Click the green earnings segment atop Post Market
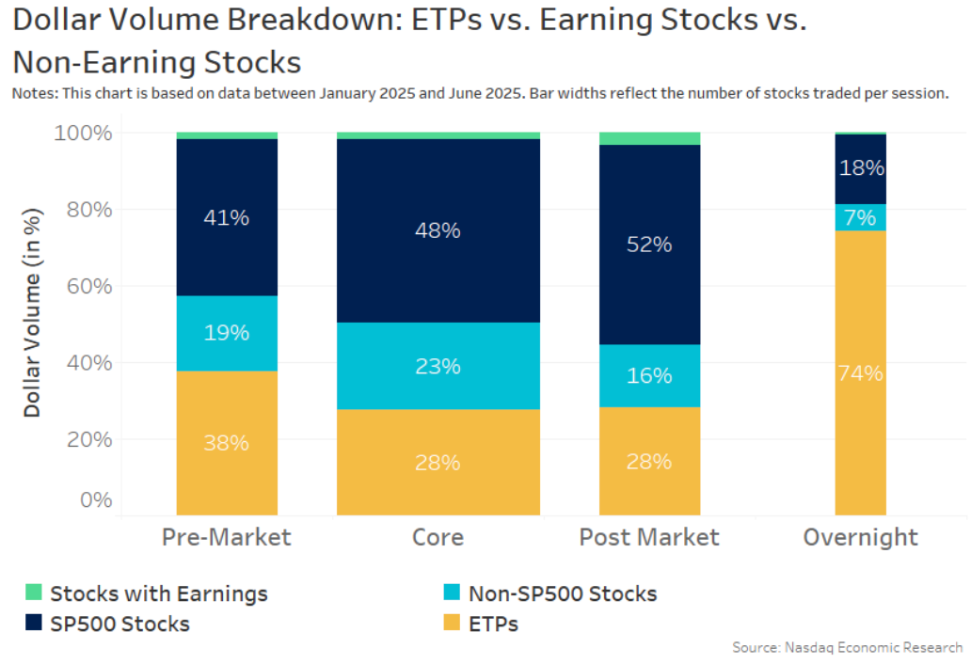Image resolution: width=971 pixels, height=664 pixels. tap(650, 138)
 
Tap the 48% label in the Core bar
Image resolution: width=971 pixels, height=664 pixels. tap(438, 229)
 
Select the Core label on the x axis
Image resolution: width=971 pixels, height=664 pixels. tap(438, 537)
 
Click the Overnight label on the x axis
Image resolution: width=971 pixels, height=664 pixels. tap(860, 537)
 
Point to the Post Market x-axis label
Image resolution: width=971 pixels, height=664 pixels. tap(649, 537)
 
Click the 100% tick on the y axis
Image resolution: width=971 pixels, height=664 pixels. tap(83, 133)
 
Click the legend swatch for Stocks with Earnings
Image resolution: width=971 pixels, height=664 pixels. tap(34, 593)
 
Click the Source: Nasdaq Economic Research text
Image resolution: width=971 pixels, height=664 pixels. tap(847, 647)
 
